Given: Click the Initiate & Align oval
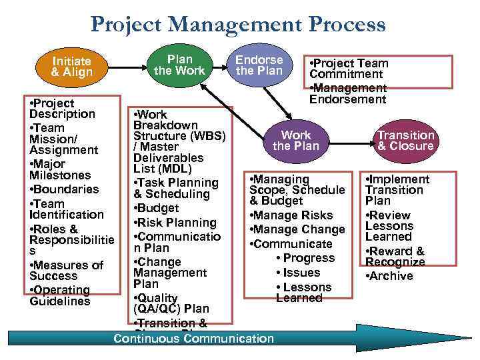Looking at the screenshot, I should pos(71,67).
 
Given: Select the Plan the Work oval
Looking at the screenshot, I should pos(179,65).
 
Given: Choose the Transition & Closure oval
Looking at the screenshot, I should pos(405,141).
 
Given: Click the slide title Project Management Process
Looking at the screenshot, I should pos(238,25).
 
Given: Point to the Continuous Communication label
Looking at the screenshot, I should pos(193,339).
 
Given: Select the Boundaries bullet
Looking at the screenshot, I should pos(64,189).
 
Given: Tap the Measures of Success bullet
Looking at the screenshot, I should pos(65,270).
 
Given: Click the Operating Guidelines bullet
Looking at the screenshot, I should pos(60,295).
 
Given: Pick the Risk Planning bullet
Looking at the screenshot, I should pos(175,223).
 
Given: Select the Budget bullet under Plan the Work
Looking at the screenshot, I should pos(157,208).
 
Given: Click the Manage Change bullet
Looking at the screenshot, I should pos(296,229).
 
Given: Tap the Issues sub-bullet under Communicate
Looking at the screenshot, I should pos(301,273).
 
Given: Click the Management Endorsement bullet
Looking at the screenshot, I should pos(347,94).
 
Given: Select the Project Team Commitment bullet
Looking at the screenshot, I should pos(348,69).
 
